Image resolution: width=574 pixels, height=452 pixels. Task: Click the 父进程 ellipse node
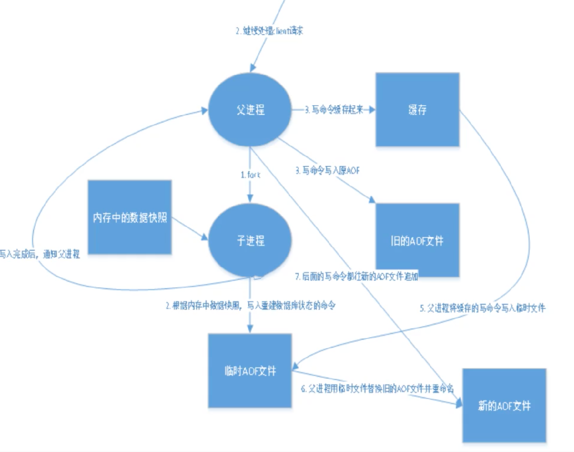tap(250, 109)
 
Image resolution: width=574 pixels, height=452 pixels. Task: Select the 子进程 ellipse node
tap(250, 240)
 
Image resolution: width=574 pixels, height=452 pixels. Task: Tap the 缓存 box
tap(417, 109)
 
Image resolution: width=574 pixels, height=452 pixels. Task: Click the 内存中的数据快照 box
tap(129, 217)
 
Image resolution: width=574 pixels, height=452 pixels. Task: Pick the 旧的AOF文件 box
tap(417, 240)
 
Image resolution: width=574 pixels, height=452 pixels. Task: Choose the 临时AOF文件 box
tap(250, 371)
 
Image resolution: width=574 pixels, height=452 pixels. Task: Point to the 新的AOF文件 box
tap(504, 406)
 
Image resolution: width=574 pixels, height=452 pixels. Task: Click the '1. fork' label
tap(250, 175)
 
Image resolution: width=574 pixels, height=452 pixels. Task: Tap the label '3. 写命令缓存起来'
tap(334, 109)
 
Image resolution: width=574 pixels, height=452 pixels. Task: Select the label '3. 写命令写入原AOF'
tap(327, 170)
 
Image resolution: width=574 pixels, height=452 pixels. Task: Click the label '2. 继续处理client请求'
tap(269, 31)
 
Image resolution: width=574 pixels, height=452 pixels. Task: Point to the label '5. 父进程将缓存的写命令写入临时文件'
tap(483, 308)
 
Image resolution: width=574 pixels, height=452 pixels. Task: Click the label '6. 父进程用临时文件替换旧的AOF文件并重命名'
tap(377, 388)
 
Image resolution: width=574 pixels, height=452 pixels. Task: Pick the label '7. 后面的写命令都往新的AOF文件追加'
tap(357, 276)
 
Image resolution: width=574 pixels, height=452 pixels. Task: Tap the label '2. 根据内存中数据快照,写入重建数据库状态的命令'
tap(250, 305)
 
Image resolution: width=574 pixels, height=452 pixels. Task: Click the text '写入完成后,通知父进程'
tap(39, 254)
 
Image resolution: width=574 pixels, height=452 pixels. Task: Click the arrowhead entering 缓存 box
tap(372, 109)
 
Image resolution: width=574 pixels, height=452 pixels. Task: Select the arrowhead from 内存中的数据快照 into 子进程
tap(204, 237)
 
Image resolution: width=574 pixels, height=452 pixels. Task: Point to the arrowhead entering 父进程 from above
tap(252, 68)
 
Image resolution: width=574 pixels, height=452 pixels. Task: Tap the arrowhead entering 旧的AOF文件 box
tap(372, 200)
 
